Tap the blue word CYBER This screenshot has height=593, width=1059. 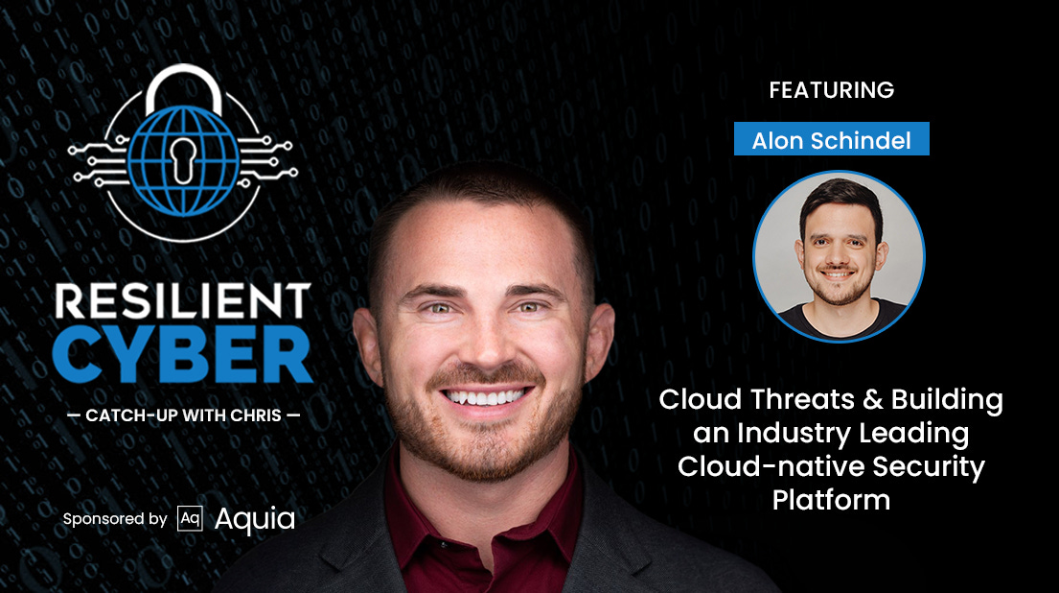click(x=182, y=357)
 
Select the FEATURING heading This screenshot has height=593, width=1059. click(x=831, y=90)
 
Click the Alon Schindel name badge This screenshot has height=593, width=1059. click(x=831, y=140)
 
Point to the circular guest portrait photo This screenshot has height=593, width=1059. click(x=839, y=255)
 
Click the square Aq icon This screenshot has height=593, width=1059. click(x=190, y=519)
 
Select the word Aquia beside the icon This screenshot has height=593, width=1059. click(x=254, y=519)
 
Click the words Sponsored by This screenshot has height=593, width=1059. click(x=115, y=519)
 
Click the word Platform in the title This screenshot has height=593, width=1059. click(x=831, y=500)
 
